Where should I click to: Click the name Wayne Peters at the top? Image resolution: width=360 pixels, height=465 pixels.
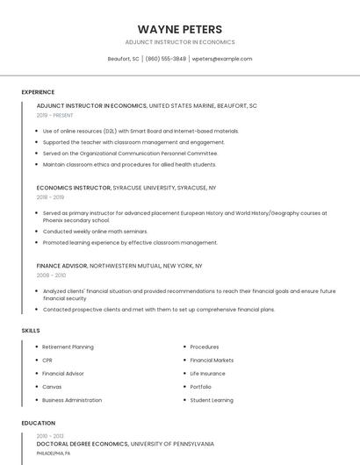point(180,29)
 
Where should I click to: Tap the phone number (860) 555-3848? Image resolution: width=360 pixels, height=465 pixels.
point(166,59)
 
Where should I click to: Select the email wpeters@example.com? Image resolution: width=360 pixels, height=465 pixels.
point(222,59)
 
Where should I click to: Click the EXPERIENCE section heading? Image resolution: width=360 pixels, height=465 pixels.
point(38,92)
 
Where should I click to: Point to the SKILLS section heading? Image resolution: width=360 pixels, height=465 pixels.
point(31,330)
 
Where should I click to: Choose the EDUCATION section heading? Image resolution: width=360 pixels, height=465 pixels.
point(38,423)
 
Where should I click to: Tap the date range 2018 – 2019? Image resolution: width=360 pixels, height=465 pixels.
point(50,197)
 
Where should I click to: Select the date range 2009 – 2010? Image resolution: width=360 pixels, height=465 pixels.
point(50,275)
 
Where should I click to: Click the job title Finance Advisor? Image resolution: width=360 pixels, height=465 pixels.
point(61,265)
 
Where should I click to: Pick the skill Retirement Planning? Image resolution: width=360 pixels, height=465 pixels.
point(68,347)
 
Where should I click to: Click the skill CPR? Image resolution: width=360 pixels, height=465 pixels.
point(47,361)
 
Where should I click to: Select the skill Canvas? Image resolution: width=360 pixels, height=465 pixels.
point(52,387)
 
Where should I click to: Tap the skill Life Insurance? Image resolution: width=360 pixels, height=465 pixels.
point(207,374)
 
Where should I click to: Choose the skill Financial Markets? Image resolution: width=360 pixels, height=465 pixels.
point(212,361)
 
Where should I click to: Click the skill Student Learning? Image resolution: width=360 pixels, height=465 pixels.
point(212,400)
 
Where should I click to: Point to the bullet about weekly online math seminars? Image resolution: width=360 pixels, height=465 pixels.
point(95,232)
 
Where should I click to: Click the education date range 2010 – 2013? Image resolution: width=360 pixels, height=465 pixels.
point(49,435)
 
